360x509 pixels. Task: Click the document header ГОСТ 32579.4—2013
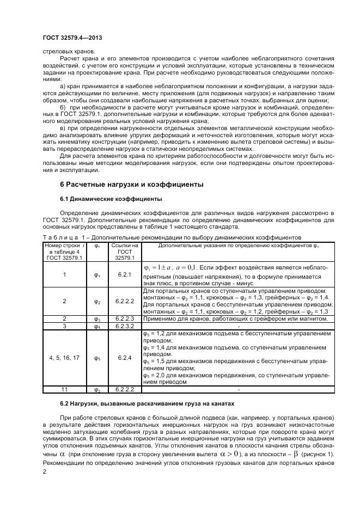72,38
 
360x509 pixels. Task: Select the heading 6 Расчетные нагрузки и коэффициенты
131,185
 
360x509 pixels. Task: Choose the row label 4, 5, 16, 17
64,358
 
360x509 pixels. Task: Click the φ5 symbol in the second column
97,358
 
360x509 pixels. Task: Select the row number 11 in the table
64,390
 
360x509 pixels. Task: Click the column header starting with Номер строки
64,252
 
